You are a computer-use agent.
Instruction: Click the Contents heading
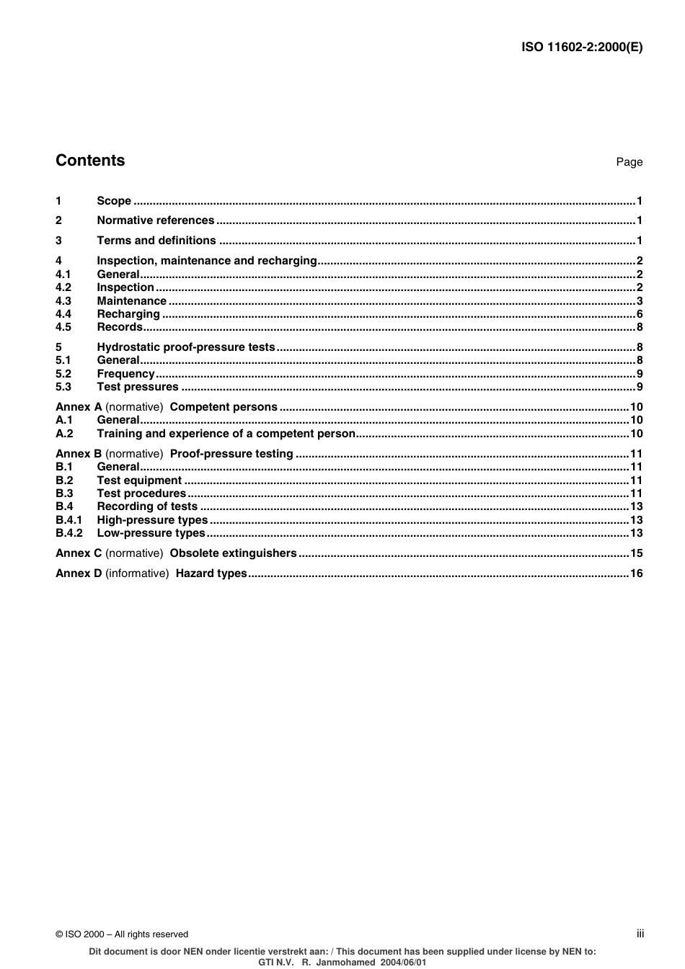click(90, 161)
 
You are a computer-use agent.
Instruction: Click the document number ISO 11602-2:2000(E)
click(581, 48)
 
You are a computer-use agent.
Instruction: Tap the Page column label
click(629, 162)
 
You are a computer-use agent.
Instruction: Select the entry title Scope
click(114, 201)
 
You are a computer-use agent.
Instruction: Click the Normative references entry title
click(155, 220)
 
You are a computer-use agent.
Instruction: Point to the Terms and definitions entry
click(156, 241)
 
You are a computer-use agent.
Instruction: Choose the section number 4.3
click(63, 301)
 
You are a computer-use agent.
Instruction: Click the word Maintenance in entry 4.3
click(131, 301)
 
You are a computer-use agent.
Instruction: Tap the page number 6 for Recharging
click(639, 314)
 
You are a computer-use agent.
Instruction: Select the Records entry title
click(119, 327)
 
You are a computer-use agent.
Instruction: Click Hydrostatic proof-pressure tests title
click(186, 347)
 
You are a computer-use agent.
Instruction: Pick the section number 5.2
click(63, 374)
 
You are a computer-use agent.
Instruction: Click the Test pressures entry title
click(137, 387)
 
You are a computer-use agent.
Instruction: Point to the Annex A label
click(79, 407)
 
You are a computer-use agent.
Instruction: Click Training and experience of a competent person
click(226, 434)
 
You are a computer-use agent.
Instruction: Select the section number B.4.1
click(68, 520)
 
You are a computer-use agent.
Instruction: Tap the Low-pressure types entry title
click(151, 533)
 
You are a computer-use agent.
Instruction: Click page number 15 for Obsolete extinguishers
click(636, 553)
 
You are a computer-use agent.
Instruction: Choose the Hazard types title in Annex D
click(211, 573)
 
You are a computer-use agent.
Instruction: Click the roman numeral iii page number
click(640, 934)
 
